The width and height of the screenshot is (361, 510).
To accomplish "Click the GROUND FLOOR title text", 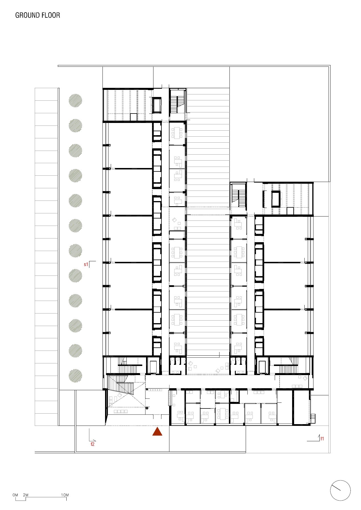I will coord(38,15).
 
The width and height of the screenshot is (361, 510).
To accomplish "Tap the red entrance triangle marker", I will coord(157,432).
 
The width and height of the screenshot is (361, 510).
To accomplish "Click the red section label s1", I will coord(86,264).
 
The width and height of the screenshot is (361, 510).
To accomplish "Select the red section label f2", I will coord(93,444).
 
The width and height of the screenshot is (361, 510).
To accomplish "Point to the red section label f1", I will coord(322,439).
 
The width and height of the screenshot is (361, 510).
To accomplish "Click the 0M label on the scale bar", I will coord(15,495).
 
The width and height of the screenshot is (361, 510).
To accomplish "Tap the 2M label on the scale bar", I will coord(26,495).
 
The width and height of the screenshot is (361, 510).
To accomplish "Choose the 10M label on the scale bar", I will coord(65,495).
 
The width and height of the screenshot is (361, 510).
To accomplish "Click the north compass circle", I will coord(340,490).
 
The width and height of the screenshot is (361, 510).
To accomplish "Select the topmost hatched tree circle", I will coord(75,101).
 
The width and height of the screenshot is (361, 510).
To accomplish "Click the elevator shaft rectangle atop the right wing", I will coord(276,199).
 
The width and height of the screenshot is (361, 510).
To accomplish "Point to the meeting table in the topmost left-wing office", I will coord(177,133).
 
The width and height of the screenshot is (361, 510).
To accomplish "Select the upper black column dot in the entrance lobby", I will coord(147,389).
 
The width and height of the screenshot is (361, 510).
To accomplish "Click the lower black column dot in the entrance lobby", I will coord(147,408).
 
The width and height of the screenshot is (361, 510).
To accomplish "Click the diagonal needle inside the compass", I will coord(336,488).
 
